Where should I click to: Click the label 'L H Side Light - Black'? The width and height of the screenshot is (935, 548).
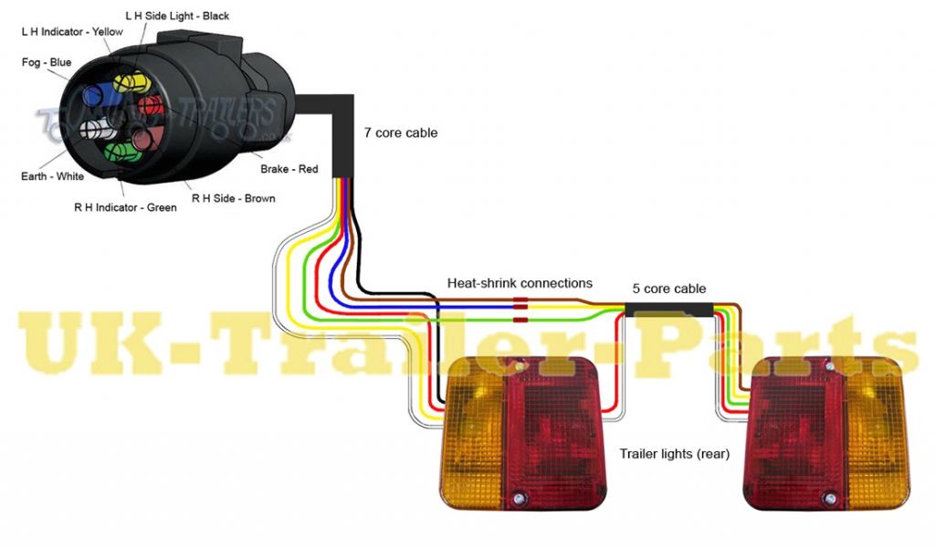coord(176,16)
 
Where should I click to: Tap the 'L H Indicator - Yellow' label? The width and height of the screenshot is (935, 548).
coord(71,32)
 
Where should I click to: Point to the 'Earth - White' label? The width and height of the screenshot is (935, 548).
coord(52,176)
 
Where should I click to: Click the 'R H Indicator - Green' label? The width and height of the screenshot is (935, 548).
coord(125,207)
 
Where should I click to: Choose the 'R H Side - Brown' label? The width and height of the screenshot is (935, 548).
coord(233,198)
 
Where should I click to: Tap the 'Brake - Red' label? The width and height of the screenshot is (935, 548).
coord(289,169)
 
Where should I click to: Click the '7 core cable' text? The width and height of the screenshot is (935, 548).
coord(401,133)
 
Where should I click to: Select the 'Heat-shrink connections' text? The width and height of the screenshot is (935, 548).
coord(520,283)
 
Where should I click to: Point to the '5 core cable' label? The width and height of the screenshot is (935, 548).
coord(669,289)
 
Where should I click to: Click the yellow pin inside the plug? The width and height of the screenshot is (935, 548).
coord(130,83)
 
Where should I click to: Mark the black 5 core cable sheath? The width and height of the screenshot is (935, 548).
coord(671,309)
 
